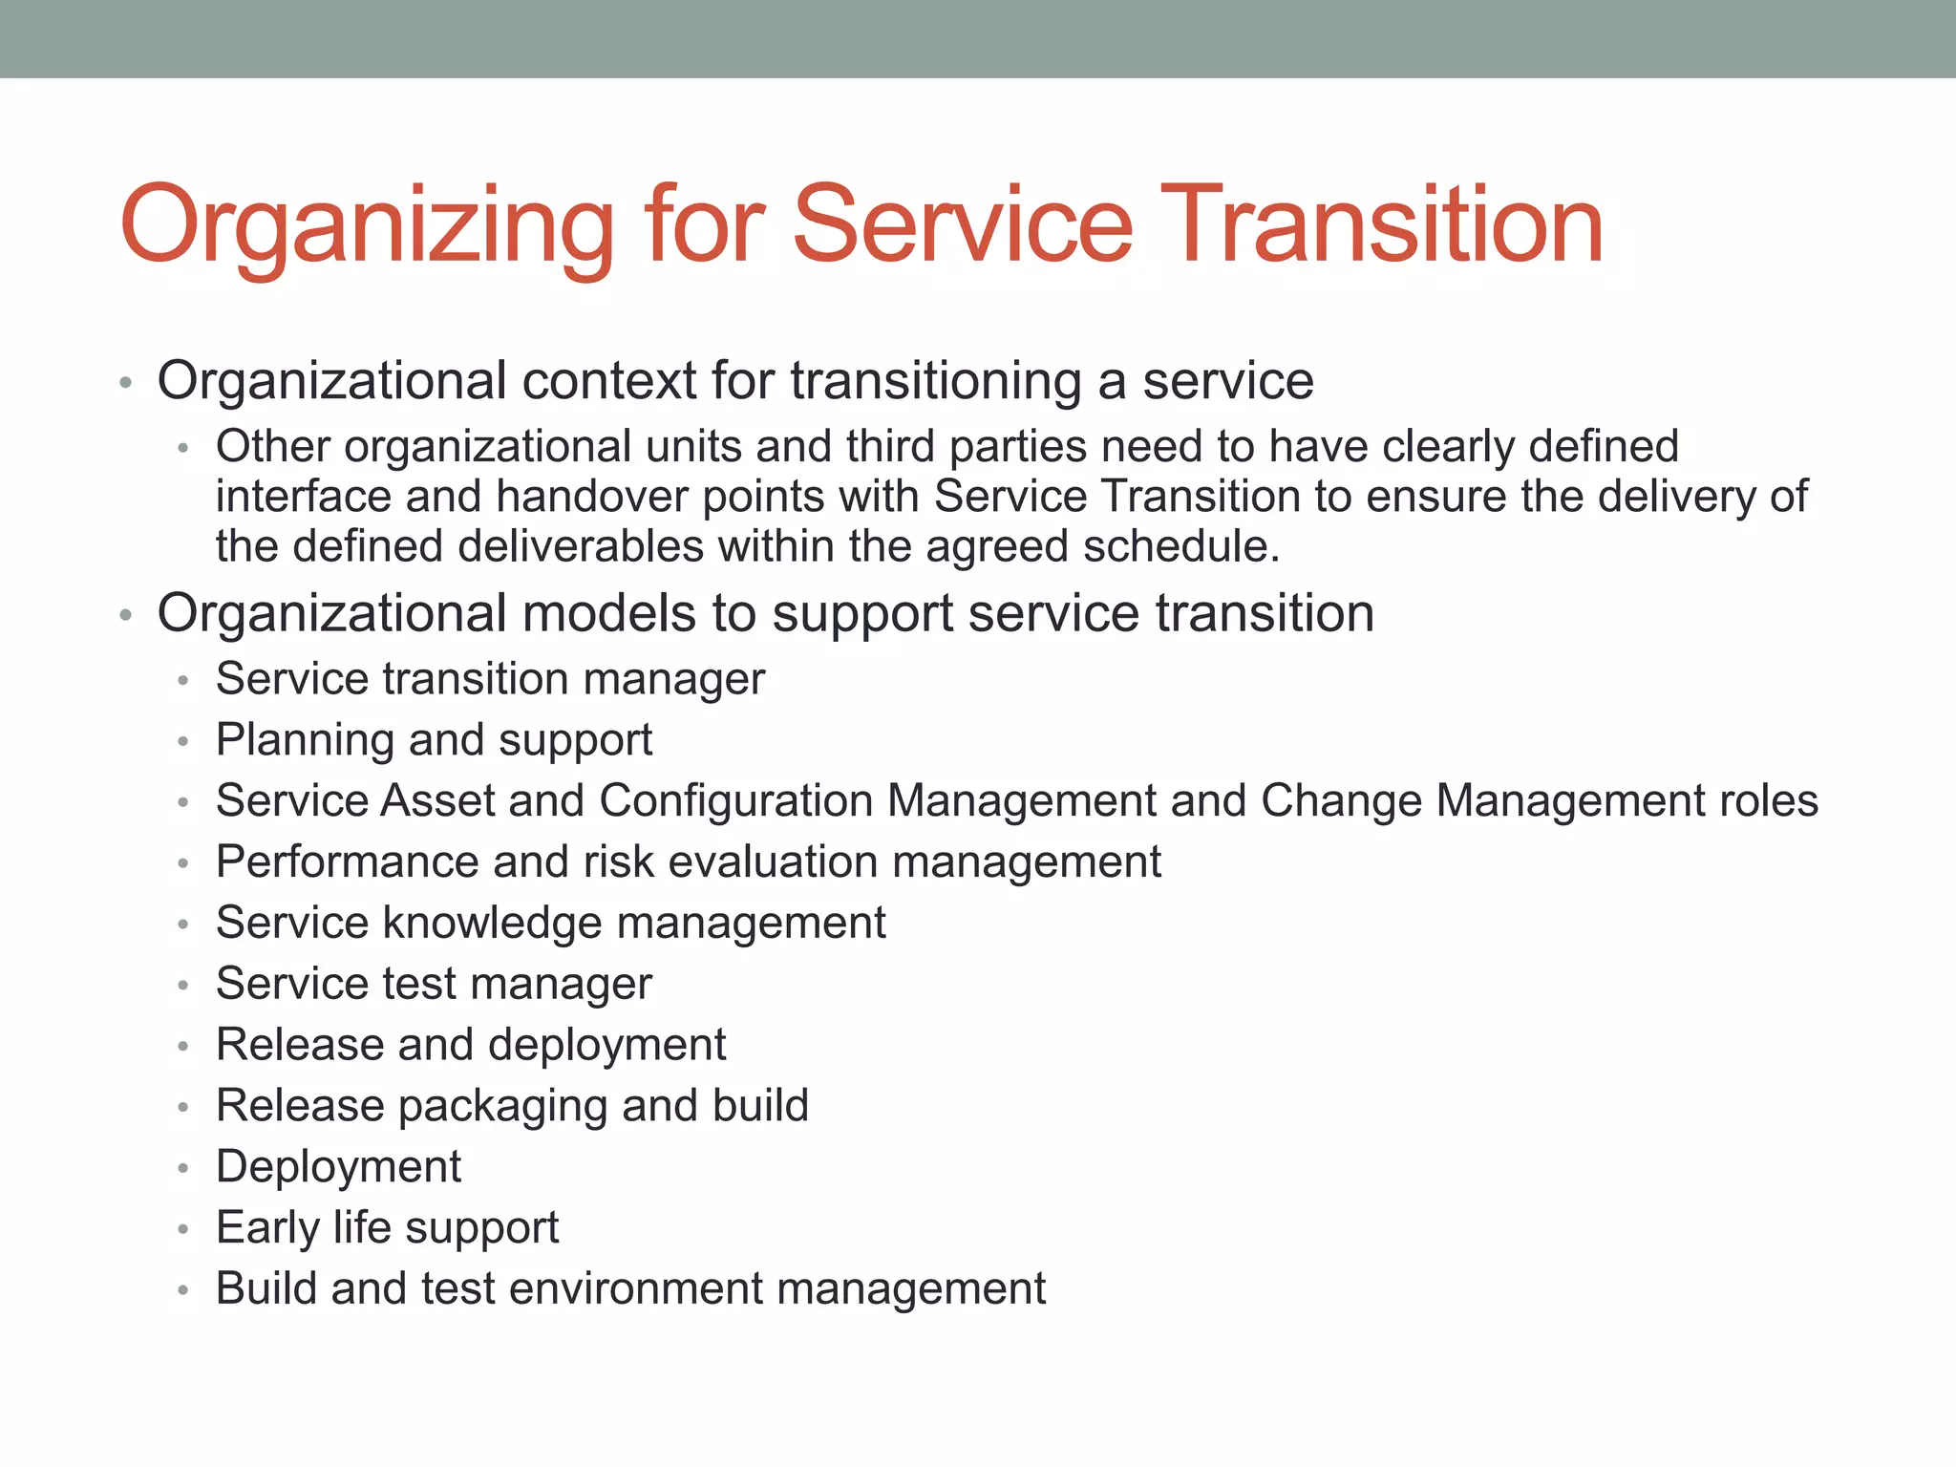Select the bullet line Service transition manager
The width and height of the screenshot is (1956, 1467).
[490, 679]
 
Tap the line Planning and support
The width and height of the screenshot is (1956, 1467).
[434, 740]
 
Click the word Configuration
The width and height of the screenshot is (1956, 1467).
[734, 801]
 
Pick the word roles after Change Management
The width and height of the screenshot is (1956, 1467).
[1769, 801]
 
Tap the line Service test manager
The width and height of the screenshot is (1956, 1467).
[434, 984]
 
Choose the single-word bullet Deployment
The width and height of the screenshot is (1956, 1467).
[338, 1167]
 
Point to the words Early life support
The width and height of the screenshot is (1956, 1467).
[387, 1228]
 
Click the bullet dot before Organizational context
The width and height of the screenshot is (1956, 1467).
[125, 384]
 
